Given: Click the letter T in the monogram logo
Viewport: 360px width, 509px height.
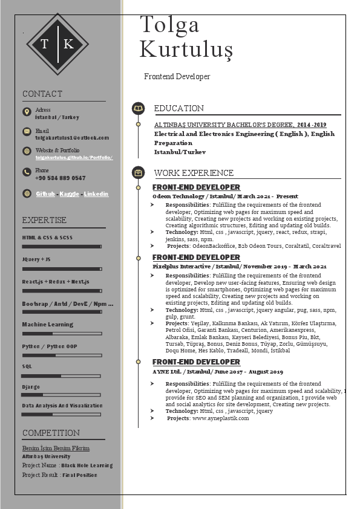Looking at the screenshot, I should pyautogui.click(x=44, y=44).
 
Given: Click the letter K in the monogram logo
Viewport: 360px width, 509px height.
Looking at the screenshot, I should pyautogui.click(x=68, y=44).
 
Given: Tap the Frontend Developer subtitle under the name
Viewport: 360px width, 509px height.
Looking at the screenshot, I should pyautogui.click(x=177, y=77).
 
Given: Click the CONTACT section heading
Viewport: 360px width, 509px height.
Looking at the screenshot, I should pyautogui.click(x=42, y=94).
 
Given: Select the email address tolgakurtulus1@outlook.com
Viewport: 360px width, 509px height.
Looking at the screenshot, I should pyautogui.click(x=72, y=138).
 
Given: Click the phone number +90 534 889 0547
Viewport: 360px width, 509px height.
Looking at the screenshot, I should pyautogui.click(x=61, y=178).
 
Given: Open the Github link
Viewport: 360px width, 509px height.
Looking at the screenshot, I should pyautogui.click(x=45, y=194).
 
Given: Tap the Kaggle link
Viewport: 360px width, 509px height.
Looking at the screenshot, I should pyautogui.click(x=70, y=194).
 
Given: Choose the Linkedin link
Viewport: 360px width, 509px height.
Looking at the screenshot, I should pyautogui.click(x=96, y=194).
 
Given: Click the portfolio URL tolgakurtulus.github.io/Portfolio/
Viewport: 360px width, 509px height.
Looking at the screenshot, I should pyautogui.click(x=74, y=157).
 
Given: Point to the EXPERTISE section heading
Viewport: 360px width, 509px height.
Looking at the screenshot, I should pyautogui.click(x=44, y=220).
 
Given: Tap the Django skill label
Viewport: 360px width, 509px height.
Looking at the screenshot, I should pyautogui.click(x=31, y=387).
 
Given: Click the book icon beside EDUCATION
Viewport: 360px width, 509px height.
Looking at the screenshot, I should pyautogui.click(x=139, y=109).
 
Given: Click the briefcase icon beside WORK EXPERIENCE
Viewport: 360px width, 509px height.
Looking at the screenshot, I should pyautogui.click(x=139, y=173).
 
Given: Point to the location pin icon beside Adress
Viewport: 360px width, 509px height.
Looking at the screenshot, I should pyautogui.click(x=27, y=112).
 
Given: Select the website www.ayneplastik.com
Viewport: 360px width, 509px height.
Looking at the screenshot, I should pyautogui.click(x=220, y=418).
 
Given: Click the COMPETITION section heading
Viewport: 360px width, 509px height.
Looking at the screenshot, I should pyautogui.click(x=51, y=433).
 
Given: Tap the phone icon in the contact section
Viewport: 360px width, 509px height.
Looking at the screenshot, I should pyautogui.click(x=27, y=172).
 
